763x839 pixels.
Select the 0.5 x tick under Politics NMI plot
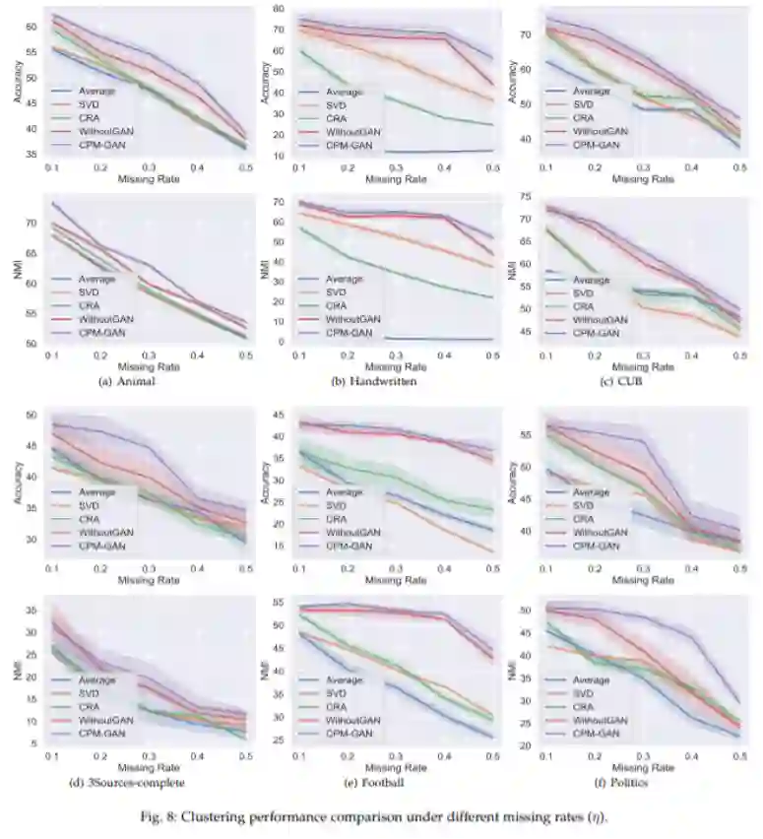pyautogui.click(x=738, y=754)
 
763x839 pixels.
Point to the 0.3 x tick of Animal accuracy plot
pyautogui.click(x=150, y=168)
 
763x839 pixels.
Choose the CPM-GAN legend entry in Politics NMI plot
pyautogui.click(x=596, y=733)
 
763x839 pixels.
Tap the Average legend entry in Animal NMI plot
pyautogui.click(x=96, y=279)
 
